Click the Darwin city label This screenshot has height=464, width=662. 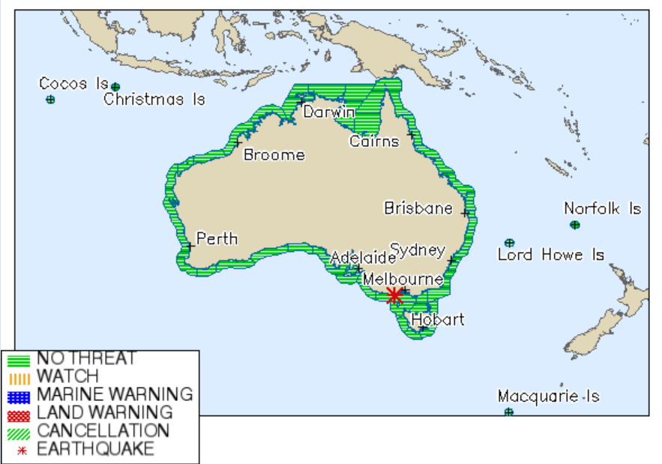pyautogui.click(x=328, y=112)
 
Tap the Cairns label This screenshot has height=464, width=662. pyautogui.click(x=374, y=141)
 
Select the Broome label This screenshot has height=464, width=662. pyautogui.click(x=274, y=155)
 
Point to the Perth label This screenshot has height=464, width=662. pyautogui.click(x=217, y=238)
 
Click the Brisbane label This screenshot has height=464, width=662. pyautogui.click(x=418, y=208)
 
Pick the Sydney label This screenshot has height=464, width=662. pyautogui.click(x=418, y=250)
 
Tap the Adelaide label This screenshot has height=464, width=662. pyautogui.click(x=363, y=258)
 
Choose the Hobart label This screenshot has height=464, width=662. pyautogui.click(x=438, y=319)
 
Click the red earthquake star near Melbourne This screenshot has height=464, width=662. pyautogui.click(x=394, y=296)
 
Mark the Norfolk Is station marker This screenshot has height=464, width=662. pyautogui.click(x=575, y=225)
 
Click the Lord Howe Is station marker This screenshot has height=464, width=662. pyautogui.click(x=510, y=243)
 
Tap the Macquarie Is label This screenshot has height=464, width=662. pyautogui.click(x=549, y=396)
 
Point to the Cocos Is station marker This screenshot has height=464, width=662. pyautogui.click(x=50, y=100)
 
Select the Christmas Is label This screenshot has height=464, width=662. pyautogui.click(x=154, y=99)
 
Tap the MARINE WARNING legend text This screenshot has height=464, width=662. pyautogui.click(x=114, y=394)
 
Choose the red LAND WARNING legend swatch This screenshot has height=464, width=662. pyautogui.click(x=19, y=413)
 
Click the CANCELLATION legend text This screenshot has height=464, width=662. pyautogui.click(x=103, y=431)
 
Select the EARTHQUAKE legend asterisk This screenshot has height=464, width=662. pyautogui.click(x=19, y=450)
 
